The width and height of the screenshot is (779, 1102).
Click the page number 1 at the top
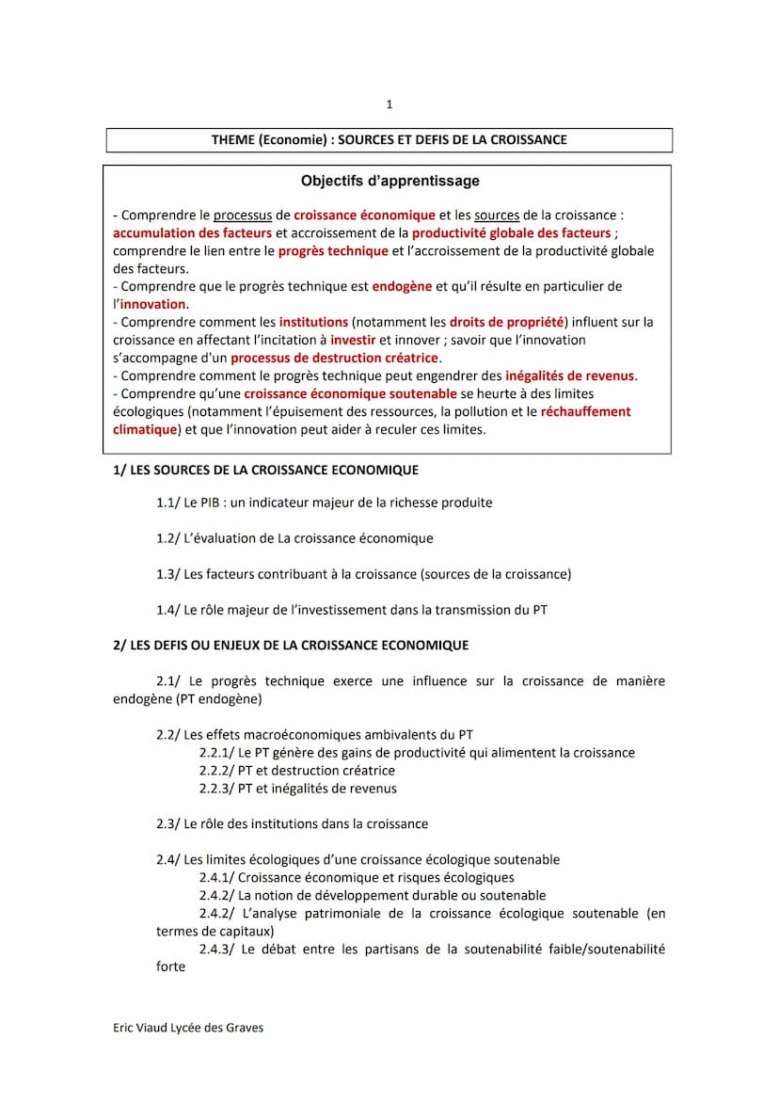[x=389, y=104]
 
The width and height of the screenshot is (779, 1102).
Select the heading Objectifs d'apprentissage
[x=389, y=181]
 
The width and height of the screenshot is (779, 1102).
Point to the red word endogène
[x=402, y=286]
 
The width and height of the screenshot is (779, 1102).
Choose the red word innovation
[x=153, y=304]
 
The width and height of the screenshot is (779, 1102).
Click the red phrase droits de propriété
[x=506, y=322]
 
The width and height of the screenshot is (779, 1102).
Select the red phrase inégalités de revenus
[x=570, y=376]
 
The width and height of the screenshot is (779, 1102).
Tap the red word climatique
[x=145, y=430]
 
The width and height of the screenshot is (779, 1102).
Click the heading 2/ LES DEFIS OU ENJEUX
[x=291, y=646]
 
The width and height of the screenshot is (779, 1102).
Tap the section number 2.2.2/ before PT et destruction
[x=217, y=771]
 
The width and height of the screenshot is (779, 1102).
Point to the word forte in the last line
[x=171, y=966]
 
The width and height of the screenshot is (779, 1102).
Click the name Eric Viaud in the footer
[x=139, y=1028]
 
